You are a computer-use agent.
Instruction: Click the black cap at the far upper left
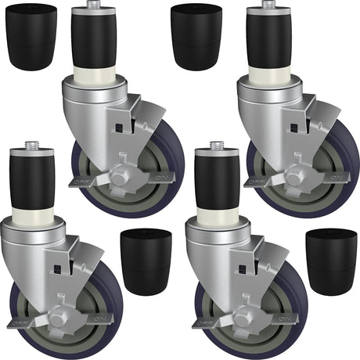31,37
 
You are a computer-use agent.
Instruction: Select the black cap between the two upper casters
196,37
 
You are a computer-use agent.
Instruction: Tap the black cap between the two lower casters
146,261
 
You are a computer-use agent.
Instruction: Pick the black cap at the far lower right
331,261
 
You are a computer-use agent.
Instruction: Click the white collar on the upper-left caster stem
93,76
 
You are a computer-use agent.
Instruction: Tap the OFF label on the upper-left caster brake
78,182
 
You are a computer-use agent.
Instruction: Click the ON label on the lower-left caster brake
99,318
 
